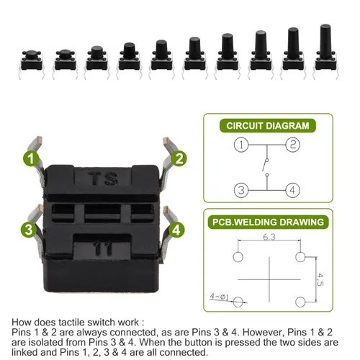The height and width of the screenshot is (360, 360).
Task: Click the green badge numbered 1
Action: tap(31, 158)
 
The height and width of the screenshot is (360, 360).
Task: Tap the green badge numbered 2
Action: tap(179, 158)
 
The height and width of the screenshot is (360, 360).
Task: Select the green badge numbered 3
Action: tap(29, 230)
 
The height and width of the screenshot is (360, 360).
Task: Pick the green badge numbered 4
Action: tap(176, 230)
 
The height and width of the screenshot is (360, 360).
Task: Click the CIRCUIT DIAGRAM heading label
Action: tap(268, 126)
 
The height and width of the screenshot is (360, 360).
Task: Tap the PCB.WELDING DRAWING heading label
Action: tap(268, 222)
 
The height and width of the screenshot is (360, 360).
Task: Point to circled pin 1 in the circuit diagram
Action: tap(241, 145)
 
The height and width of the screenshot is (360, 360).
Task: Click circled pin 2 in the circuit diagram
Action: tap(292, 145)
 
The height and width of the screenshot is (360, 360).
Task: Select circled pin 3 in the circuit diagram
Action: tap(241, 190)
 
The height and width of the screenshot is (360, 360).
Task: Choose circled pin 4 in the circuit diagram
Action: tap(292, 190)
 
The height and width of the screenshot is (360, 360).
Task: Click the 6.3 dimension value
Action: tap(269, 237)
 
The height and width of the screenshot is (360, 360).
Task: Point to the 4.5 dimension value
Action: tap(320, 279)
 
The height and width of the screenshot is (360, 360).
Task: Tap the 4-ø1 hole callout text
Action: tap(219, 297)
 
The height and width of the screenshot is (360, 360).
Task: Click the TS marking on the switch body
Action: tap(103, 179)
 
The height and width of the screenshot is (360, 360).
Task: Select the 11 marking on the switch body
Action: tap(102, 248)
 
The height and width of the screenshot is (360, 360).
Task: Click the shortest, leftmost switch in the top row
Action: tap(32, 64)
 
